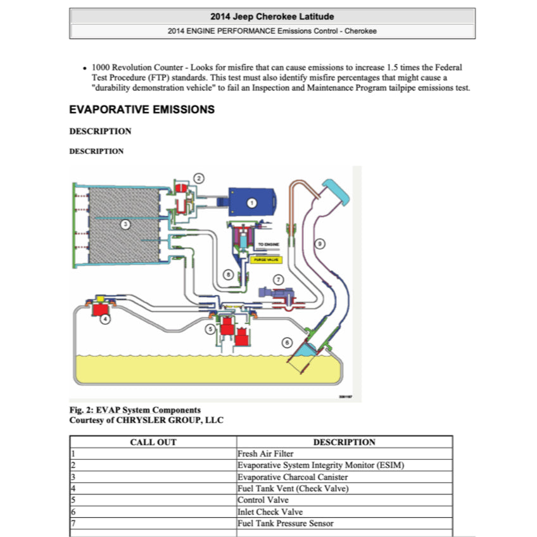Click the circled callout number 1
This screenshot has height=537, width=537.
(251, 203)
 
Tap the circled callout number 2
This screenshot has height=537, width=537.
(199, 179)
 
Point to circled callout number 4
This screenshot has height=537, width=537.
(105, 320)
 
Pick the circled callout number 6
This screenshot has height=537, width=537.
(287, 343)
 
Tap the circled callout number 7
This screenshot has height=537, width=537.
(277, 279)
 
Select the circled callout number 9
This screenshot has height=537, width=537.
(320, 243)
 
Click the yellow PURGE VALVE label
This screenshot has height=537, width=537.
(265, 258)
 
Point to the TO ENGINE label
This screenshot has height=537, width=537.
(268, 244)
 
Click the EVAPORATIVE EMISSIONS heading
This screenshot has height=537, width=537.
(142, 110)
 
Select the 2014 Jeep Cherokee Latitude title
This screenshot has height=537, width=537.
(272, 16)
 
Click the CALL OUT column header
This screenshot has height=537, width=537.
(153, 442)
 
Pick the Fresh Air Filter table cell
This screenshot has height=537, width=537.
(265, 453)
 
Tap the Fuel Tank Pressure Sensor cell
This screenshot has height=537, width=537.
(285, 523)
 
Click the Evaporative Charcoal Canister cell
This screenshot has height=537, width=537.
(293, 477)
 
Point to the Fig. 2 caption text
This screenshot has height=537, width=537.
(135, 410)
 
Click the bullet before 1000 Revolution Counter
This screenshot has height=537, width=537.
(85, 68)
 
